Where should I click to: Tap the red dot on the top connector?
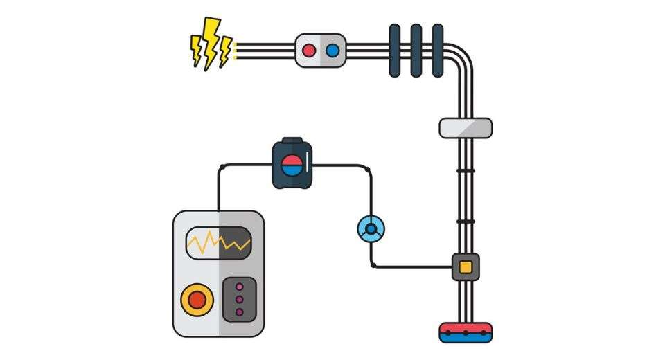pos(309,51)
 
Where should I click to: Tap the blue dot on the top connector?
pos(332,51)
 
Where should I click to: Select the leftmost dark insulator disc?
pos(394,51)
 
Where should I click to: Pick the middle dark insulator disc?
pos(416,51)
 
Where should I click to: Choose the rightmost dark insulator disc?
pos(437,51)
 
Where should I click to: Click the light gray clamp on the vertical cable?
pos(465,127)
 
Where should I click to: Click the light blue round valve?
pos(371,228)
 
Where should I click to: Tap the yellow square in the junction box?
pos(465,267)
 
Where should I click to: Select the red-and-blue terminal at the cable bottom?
pos(465,332)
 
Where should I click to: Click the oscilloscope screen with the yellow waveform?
pos(218,242)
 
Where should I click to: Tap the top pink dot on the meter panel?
pos(240,286)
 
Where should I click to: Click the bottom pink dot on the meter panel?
pos(240,312)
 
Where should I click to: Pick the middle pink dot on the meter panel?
pos(240,299)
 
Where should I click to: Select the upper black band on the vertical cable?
pos(465,170)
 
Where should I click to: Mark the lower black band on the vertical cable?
pos(465,222)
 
